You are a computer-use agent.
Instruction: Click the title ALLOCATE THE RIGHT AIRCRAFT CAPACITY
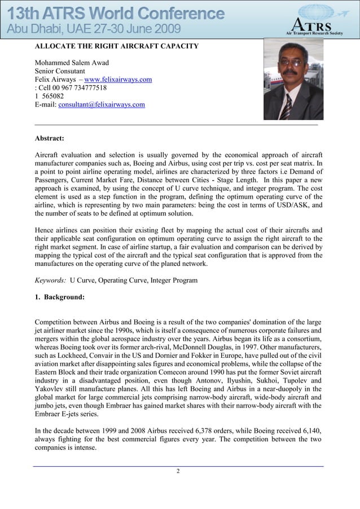point(117,46)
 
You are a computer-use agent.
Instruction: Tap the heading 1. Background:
point(60,296)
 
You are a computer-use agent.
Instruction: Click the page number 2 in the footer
point(178,471)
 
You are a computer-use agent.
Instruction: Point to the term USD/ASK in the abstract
point(292,205)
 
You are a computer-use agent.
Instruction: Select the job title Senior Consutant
point(60,71)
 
